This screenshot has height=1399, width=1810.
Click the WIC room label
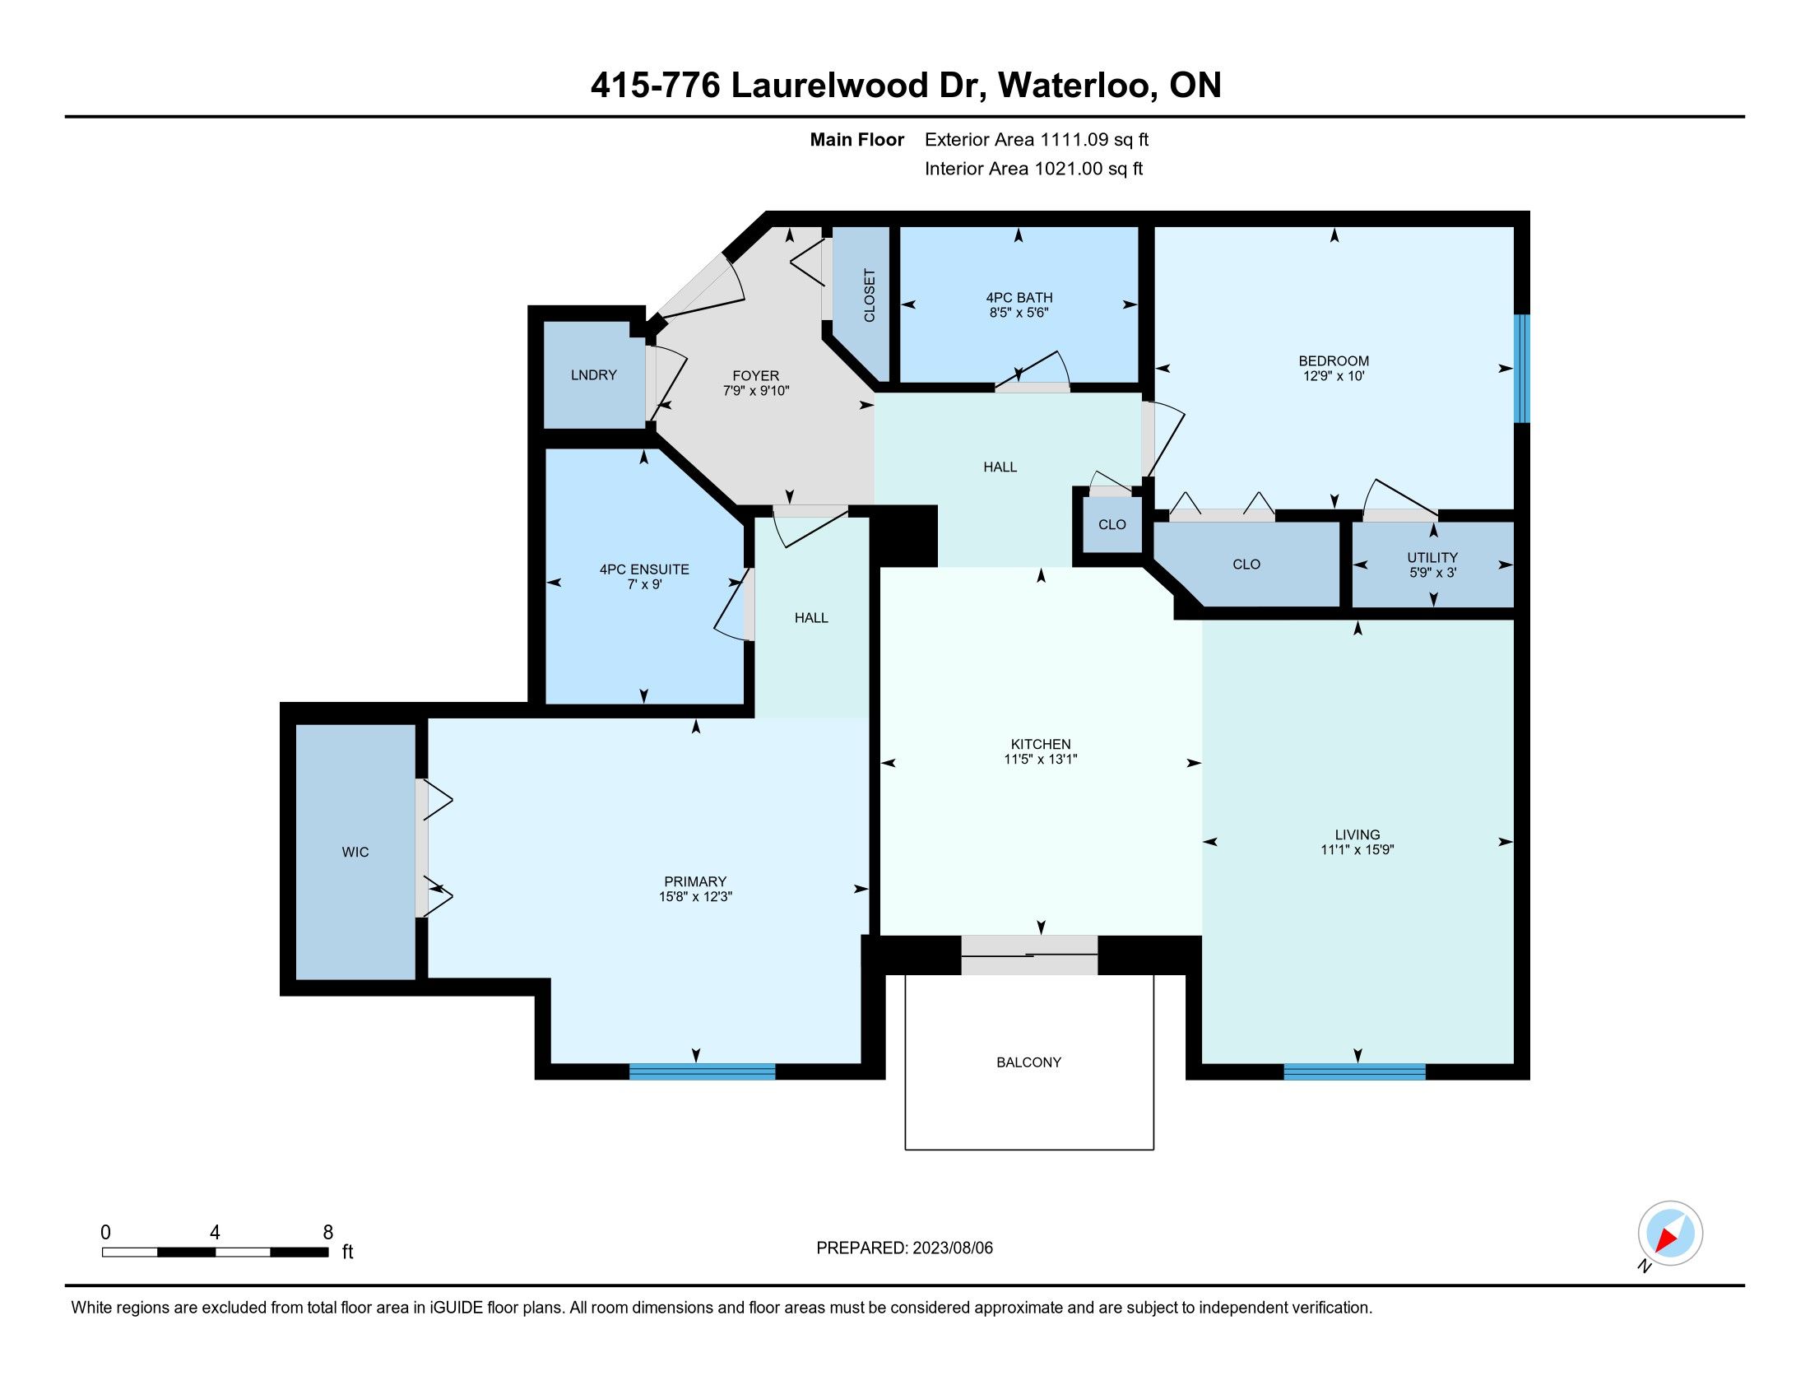click(x=355, y=852)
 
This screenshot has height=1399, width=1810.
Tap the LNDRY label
click(x=593, y=375)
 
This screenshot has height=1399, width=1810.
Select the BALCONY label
click(x=1028, y=1062)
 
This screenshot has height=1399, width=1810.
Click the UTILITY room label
click(x=1432, y=558)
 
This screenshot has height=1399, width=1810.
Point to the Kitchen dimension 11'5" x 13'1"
click(x=1040, y=760)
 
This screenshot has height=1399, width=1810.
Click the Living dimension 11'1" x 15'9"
click(x=1357, y=849)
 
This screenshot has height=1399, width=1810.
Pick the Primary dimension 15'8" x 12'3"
click(x=695, y=897)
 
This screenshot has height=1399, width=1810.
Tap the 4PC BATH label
click(x=1019, y=298)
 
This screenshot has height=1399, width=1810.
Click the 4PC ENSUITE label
click(x=644, y=569)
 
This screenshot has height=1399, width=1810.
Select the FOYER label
click(x=756, y=376)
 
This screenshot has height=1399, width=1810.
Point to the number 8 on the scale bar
click(x=328, y=1233)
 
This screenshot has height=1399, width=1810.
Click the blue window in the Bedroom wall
click(x=1521, y=369)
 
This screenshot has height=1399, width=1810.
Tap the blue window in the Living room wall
click(x=1354, y=1071)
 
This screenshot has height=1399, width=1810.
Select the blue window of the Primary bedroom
click(x=702, y=1071)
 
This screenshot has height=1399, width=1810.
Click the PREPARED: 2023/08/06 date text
click(x=904, y=1248)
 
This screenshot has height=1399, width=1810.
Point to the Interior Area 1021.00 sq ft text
click(x=1033, y=169)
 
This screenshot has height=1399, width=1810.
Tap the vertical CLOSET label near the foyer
click(x=870, y=296)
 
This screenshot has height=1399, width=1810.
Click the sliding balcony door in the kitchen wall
click(x=1029, y=955)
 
